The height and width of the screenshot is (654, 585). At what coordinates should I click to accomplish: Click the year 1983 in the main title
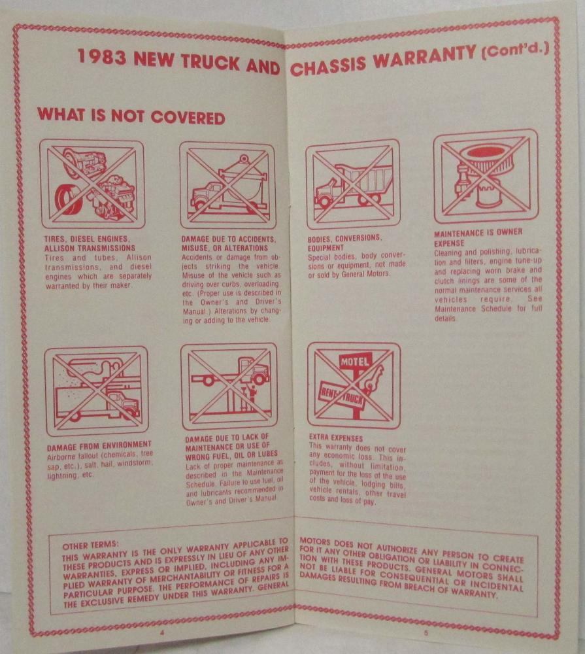tap(102, 57)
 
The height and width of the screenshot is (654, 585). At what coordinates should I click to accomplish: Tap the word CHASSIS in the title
tap(327, 65)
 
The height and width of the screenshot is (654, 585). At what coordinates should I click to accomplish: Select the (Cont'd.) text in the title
tap(514, 50)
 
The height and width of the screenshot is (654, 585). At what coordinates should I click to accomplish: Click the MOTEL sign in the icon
tap(354, 361)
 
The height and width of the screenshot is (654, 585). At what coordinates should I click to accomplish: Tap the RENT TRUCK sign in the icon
tap(342, 396)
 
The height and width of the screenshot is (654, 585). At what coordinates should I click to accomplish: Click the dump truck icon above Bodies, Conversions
tap(353, 184)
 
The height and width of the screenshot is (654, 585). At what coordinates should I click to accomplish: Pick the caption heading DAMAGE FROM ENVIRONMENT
tap(99, 447)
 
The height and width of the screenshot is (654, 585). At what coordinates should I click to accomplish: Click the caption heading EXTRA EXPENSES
tap(336, 438)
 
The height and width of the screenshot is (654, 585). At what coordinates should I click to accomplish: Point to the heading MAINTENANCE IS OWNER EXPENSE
tap(478, 237)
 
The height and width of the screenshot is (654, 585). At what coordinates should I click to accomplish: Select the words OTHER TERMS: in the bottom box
tap(90, 545)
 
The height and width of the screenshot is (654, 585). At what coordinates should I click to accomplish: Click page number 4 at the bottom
tap(162, 632)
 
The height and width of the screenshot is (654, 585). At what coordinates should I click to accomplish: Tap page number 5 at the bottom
tap(426, 632)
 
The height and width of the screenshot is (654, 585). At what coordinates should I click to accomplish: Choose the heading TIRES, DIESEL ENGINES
tap(87, 239)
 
